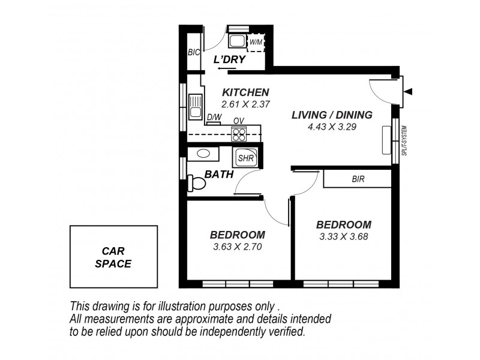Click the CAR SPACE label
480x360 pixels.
[x=113, y=257]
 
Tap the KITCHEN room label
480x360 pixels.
[x=245, y=92]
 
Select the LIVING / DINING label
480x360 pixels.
[x=332, y=115]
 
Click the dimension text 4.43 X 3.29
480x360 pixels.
[x=332, y=127]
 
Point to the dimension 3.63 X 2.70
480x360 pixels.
[x=238, y=246]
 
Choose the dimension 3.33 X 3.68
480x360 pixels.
[x=343, y=236]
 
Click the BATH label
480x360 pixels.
[x=219, y=175]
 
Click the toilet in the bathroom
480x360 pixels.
[x=196, y=182]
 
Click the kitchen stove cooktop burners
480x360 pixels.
[x=239, y=133]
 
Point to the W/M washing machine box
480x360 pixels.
[x=256, y=41]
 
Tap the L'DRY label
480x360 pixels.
[x=229, y=60]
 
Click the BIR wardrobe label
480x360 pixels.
[x=358, y=179]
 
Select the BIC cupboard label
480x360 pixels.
[x=193, y=53]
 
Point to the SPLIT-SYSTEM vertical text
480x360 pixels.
[x=404, y=145]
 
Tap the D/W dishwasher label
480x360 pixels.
[x=214, y=118]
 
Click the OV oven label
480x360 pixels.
[x=238, y=121]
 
